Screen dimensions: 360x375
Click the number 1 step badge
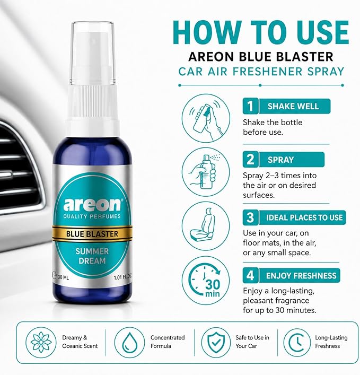[x=250, y=106]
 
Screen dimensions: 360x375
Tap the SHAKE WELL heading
[x=293, y=106]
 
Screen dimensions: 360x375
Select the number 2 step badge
[x=250, y=159]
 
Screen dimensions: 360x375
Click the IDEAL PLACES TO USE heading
[x=304, y=217]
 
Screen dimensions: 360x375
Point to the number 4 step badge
[x=250, y=275]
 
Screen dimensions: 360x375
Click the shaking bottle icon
[x=206, y=118]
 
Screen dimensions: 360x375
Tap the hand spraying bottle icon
[x=206, y=172]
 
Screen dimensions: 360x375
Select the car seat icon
[x=206, y=226]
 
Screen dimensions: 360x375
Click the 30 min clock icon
[x=206, y=280]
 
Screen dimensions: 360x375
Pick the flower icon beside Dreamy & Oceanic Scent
[x=41, y=342]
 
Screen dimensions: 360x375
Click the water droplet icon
[x=129, y=342]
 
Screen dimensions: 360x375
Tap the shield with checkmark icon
[x=216, y=342]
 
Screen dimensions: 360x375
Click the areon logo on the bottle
[x=92, y=204]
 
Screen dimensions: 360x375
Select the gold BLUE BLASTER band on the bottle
[x=92, y=234]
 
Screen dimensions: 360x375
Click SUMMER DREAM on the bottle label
[x=92, y=256]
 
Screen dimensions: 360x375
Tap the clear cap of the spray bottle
[x=93, y=53]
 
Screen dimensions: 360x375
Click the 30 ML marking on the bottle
[x=63, y=277]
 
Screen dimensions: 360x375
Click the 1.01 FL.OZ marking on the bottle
[x=122, y=277]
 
